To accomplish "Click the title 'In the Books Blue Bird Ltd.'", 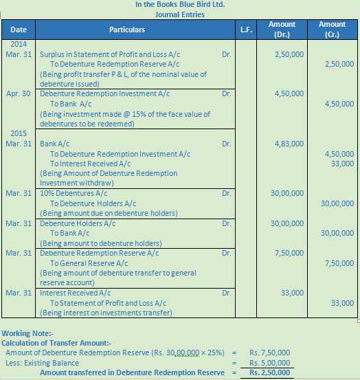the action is coord(180,4).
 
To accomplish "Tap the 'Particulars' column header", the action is coord(127,30).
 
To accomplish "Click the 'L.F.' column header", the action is coord(245,30).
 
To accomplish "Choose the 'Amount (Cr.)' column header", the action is coord(333,30).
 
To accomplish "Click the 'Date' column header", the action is coord(19,30).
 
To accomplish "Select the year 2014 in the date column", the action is coord(19,43).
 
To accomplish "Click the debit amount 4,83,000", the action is coord(289,144).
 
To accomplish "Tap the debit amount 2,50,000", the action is coord(289,54).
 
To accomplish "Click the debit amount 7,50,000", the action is coord(289,253).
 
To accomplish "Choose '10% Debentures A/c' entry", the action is coord(74,194).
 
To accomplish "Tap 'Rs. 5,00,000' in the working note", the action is coord(269,363).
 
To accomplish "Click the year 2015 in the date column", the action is coord(19,134).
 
